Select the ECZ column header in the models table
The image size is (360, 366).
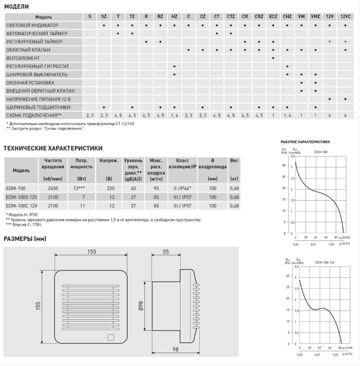pyautogui.click(x=273, y=18)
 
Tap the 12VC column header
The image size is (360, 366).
pyautogui.click(x=345, y=18)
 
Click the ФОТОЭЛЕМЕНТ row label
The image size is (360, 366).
pyautogui.click(x=21, y=57)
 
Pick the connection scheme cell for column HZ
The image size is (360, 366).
pyautogui.click(x=174, y=115)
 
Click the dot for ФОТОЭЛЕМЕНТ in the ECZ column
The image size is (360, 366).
pyautogui.click(x=273, y=57)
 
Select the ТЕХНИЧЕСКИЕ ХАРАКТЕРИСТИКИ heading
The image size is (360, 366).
pyautogui.click(x=53, y=148)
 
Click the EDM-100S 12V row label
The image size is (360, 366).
pyautogui.click(x=21, y=197)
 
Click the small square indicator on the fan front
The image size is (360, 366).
pyautogui.click(x=110, y=339)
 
